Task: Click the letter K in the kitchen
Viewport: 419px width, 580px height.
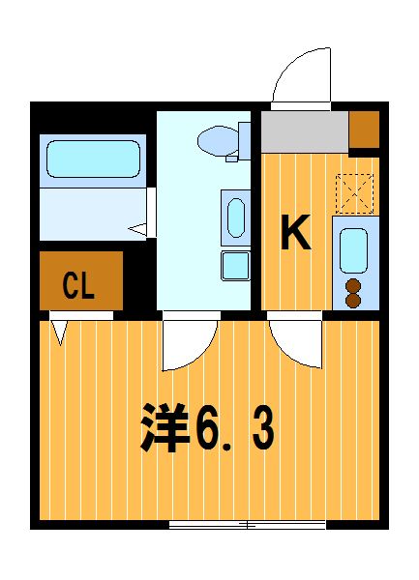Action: click(295, 232)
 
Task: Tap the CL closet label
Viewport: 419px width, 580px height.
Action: click(78, 285)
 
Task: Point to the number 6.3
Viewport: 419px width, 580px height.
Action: click(234, 429)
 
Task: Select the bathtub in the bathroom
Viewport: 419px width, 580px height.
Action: click(93, 159)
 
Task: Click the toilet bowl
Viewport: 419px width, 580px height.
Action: click(219, 140)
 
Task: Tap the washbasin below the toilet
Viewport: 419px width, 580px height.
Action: click(236, 217)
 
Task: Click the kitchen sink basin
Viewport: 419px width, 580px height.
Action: click(353, 250)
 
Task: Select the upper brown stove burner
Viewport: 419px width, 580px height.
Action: click(353, 286)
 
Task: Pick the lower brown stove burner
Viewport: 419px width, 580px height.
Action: click(353, 301)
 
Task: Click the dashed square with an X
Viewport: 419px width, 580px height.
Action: click(354, 193)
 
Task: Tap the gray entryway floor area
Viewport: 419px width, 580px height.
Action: click(305, 131)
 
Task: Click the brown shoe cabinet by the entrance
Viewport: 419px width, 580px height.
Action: click(364, 130)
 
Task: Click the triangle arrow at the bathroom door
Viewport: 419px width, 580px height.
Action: click(137, 229)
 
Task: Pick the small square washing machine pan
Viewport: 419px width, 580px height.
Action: click(236, 266)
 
